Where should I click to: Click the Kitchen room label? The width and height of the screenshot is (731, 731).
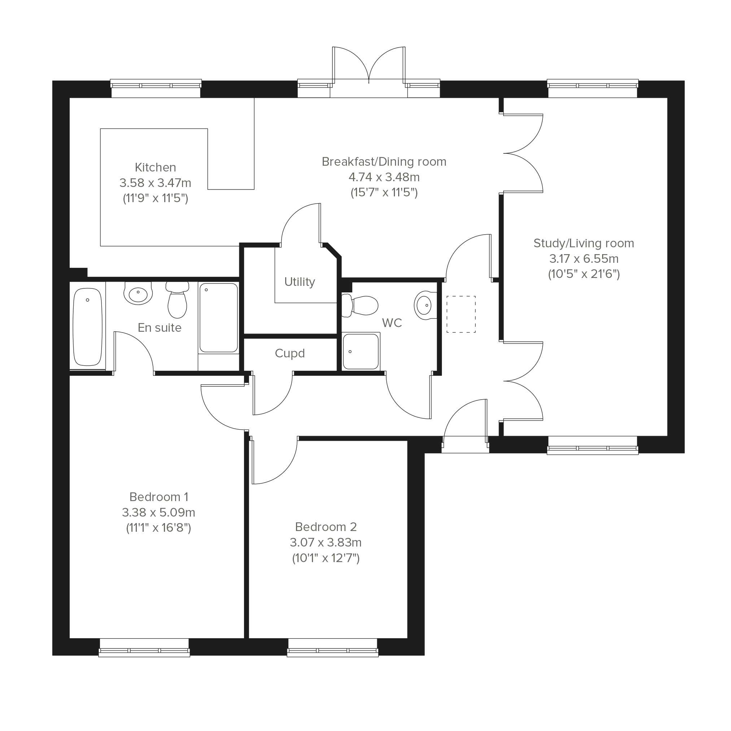156,167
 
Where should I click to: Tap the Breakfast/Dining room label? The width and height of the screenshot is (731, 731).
384,162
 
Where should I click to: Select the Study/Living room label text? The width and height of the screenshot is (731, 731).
584,243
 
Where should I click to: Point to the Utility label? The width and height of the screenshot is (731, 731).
300,282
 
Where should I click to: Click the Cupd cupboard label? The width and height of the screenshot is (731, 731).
290,353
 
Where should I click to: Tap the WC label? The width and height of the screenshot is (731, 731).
392,323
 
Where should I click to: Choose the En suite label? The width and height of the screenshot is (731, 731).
160,328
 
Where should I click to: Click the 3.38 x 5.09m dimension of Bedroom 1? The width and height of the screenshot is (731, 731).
158,512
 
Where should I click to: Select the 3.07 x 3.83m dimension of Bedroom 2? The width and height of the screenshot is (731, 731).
326,543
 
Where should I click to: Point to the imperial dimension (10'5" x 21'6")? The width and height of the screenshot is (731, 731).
584,274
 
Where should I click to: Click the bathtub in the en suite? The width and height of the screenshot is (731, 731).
87,327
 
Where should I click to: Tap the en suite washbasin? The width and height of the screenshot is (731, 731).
138,293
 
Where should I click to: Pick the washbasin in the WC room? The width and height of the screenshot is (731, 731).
425,305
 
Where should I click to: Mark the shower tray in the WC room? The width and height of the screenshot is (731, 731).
361,351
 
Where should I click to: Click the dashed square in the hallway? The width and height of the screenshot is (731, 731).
461,314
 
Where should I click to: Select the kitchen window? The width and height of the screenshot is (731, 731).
156,88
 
